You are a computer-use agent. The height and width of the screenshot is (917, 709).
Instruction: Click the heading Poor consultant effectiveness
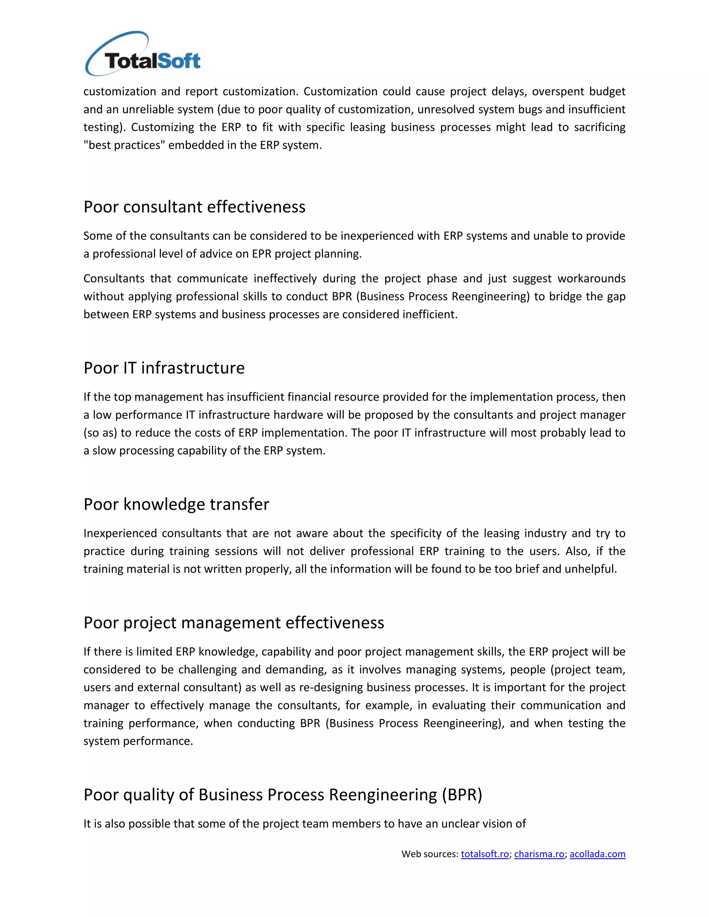pyautogui.click(x=194, y=207)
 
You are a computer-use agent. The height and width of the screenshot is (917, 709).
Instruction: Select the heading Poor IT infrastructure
pyautogui.click(x=164, y=368)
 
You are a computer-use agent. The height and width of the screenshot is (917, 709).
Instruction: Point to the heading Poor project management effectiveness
pyautogui.click(x=234, y=623)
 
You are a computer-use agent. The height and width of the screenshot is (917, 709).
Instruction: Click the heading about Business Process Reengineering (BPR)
pyautogui.click(x=283, y=795)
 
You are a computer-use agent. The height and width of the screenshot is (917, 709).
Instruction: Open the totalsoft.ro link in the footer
pyautogui.click(x=485, y=854)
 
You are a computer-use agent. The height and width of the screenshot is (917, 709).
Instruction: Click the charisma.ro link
pyautogui.click(x=539, y=854)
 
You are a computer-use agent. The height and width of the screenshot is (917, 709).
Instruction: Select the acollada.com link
pyautogui.click(x=597, y=854)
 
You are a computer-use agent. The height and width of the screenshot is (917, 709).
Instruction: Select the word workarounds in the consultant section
pyautogui.click(x=591, y=279)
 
